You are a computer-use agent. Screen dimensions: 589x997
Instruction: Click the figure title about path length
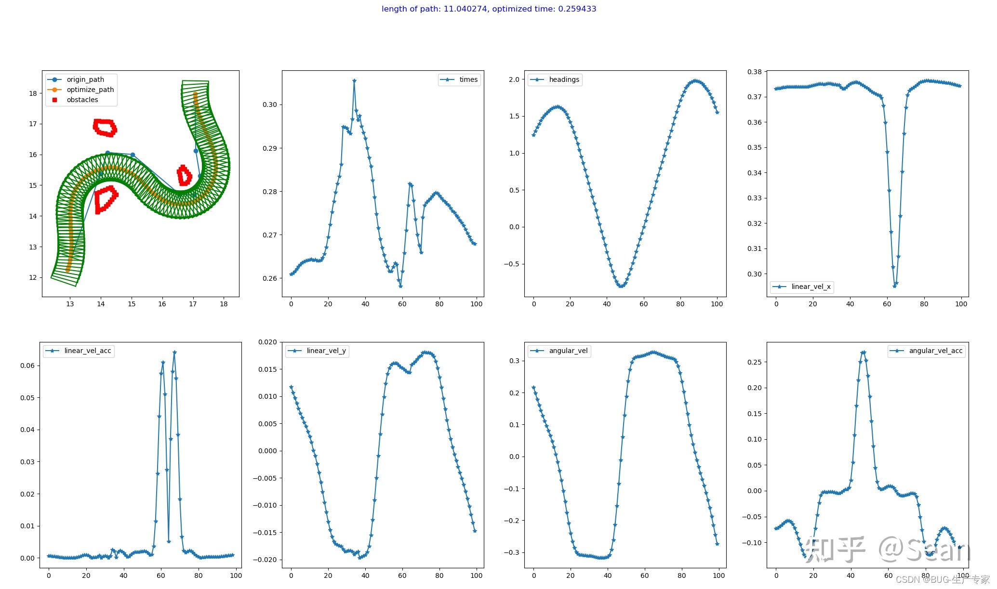489,9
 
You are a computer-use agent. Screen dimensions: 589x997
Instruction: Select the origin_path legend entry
85,79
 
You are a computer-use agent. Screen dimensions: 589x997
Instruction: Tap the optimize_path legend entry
90,90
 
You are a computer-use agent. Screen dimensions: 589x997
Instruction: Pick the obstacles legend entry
82,100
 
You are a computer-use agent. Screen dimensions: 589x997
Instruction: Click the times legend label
468,79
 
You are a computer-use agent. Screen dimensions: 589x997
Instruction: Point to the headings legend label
564,79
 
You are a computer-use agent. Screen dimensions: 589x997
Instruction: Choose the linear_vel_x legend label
811,287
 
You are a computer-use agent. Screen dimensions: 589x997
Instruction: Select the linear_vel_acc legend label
88,351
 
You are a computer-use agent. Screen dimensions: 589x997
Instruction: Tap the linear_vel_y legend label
326,351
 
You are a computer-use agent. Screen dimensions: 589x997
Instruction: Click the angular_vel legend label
568,351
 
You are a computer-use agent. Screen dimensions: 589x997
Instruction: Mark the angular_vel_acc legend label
935,351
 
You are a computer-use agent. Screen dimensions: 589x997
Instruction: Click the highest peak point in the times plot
354,81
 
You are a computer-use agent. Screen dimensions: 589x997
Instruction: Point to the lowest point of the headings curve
622,287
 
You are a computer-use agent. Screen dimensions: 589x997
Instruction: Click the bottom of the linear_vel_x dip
894,286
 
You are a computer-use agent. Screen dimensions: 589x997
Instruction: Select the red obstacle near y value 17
105,128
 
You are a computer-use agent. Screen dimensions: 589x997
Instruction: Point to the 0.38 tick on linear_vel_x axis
754,72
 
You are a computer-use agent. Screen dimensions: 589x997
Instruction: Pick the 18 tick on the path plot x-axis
224,304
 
